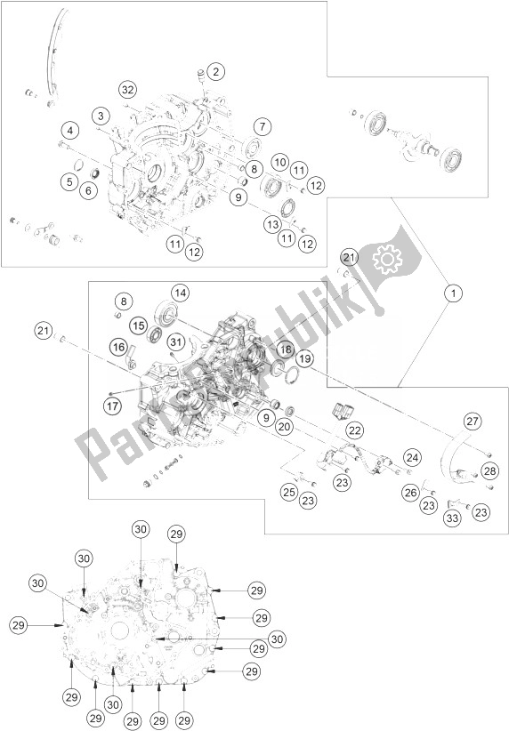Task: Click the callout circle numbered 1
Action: point(454,292)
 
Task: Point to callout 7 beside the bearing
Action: point(260,126)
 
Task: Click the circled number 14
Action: point(181,293)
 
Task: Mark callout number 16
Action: point(118,347)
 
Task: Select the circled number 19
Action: point(305,359)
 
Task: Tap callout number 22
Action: point(355,430)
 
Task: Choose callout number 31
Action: point(176,343)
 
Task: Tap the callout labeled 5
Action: point(68,181)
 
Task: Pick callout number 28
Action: point(489,470)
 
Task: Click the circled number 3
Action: point(102,116)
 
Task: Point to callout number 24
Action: point(411,458)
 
